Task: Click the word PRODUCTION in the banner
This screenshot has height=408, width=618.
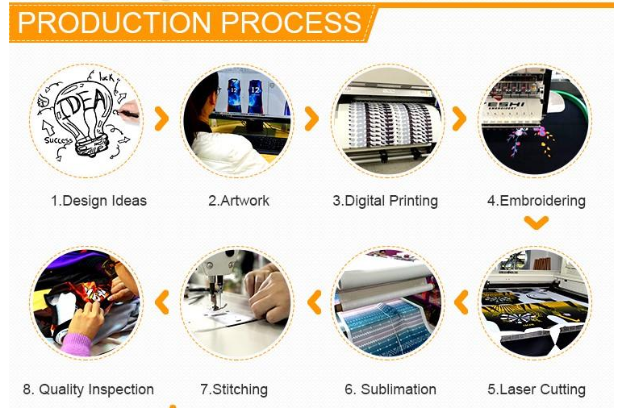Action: pos(115,23)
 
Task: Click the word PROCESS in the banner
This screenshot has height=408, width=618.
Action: pos(291,23)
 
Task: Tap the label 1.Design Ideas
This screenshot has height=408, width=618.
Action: pos(98,201)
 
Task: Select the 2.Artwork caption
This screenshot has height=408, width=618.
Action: pos(239,201)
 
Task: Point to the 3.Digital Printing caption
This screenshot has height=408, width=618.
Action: pos(385,202)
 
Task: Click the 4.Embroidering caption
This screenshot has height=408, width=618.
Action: pos(536,202)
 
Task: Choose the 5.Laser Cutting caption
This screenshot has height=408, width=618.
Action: pos(536,390)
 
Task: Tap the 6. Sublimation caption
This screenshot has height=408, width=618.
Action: pos(390,389)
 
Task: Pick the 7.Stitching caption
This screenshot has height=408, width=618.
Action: pos(234,390)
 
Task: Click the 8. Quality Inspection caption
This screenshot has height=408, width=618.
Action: pos(88,390)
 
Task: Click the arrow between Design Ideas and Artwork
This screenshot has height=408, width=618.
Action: pos(162,119)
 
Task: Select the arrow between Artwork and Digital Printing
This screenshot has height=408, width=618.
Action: pos(312,119)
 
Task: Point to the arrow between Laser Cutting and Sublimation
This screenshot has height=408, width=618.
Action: pos(461,302)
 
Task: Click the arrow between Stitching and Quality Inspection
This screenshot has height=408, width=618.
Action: pos(161,302)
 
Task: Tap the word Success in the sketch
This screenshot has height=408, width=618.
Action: pos(58,140)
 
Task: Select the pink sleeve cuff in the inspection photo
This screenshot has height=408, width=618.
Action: pos(76,344)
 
